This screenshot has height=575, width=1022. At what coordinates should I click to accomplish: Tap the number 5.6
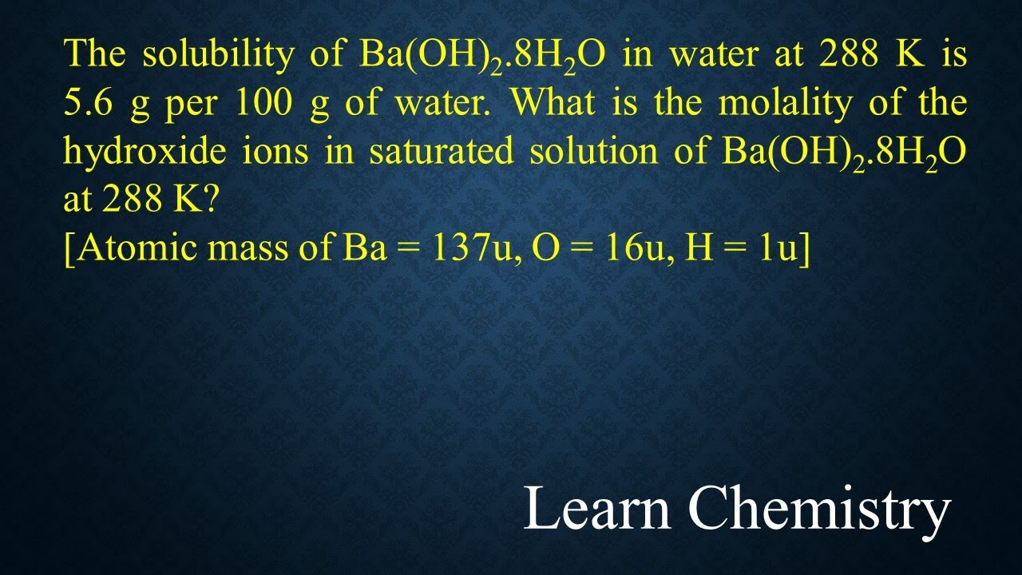point(85,103)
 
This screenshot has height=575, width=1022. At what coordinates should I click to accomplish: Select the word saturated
point(442,151)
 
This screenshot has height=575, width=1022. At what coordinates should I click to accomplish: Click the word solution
point(591,151)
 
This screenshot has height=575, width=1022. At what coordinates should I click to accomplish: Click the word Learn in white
point(597,509)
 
